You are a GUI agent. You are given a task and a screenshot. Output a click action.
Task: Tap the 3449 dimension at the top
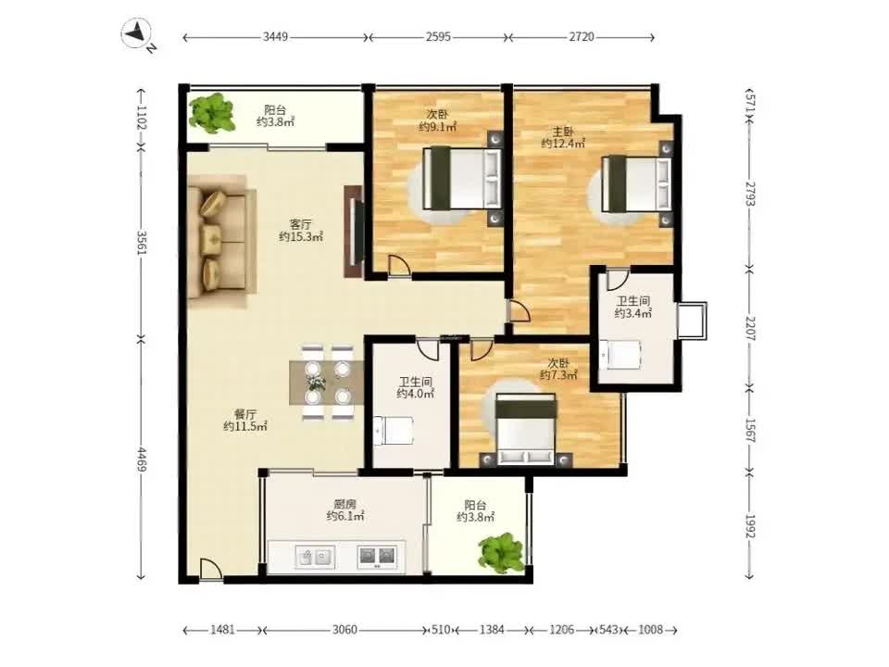pos(276,37)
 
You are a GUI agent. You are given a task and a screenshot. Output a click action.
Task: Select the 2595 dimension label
pos(439,37)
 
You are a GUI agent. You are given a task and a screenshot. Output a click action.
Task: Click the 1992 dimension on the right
pos(750,526)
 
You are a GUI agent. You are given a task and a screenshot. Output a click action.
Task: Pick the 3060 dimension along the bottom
pos(344,630)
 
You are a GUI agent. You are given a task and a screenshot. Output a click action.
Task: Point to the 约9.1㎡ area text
pos(436,127)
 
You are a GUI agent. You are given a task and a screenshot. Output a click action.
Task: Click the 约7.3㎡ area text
pos(558,375)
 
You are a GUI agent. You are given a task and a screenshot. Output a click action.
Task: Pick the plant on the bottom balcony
pos(501,552)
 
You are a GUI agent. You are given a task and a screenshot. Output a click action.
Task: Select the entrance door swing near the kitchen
pos(210,569)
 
